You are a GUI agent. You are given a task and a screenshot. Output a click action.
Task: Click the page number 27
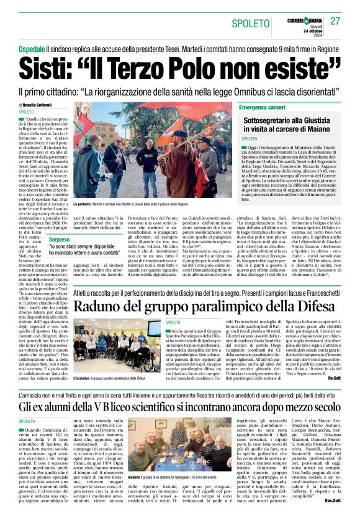(335, 21)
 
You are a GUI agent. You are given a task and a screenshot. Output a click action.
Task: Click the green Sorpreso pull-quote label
(60, 239)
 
